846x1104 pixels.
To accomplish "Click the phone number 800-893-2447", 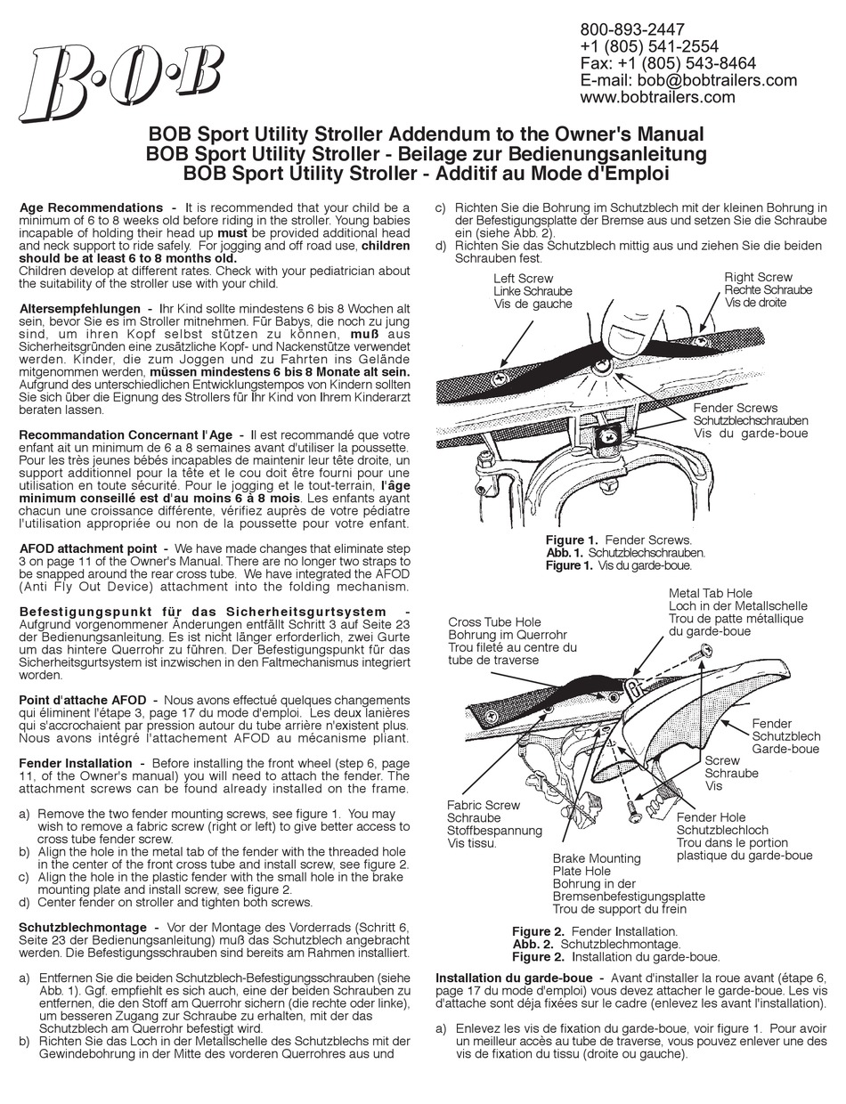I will (632, 29).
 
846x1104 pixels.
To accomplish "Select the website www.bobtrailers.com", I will (657, 97).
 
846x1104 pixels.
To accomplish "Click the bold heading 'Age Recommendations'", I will (91, 207).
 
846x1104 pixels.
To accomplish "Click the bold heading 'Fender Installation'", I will (76, 763).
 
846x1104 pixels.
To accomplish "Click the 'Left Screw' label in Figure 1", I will (523, 277).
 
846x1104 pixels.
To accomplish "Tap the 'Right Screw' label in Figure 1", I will (758, 277).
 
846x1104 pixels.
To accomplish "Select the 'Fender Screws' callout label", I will (736, 407).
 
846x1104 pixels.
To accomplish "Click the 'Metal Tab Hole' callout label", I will (710, 593).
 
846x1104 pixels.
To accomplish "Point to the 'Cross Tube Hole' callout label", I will (494, 622).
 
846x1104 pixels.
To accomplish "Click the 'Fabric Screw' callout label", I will (484, 805).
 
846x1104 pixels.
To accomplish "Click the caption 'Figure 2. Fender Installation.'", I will (594, 930).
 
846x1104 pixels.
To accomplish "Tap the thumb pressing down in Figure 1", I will (634, 337).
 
